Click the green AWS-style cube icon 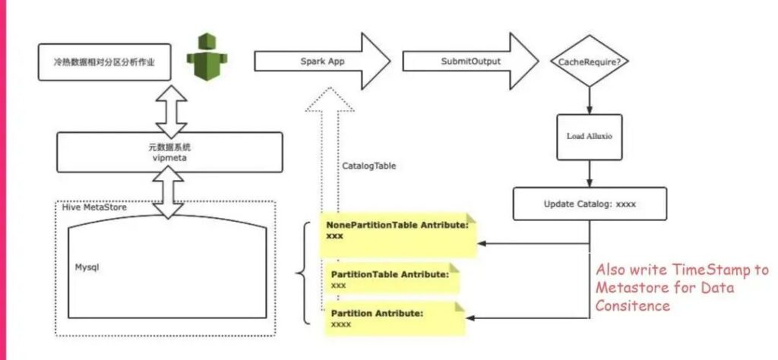(x=207, y=56)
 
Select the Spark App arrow (x=322, y=62)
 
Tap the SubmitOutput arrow (x=470, y=62)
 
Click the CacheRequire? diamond (x=590, y=62)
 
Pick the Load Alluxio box (x=590, y=137)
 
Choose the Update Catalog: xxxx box (x=590, y=204)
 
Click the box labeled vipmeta (x=169, y=152)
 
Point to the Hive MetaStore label (x=94, y=207)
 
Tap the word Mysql (x=87, y=267)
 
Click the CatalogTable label (x=369, y=166)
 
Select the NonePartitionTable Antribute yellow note (x=397, y=235)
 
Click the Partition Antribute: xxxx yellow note (x=394, y=318)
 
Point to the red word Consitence (x=633, y=305)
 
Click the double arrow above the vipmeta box (x=171, y=112)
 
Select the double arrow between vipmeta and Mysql (x=168, y=192)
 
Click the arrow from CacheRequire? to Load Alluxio (x=590, y=101)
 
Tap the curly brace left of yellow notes (x=303, y=273)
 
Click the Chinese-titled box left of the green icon (x=105, y=62)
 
